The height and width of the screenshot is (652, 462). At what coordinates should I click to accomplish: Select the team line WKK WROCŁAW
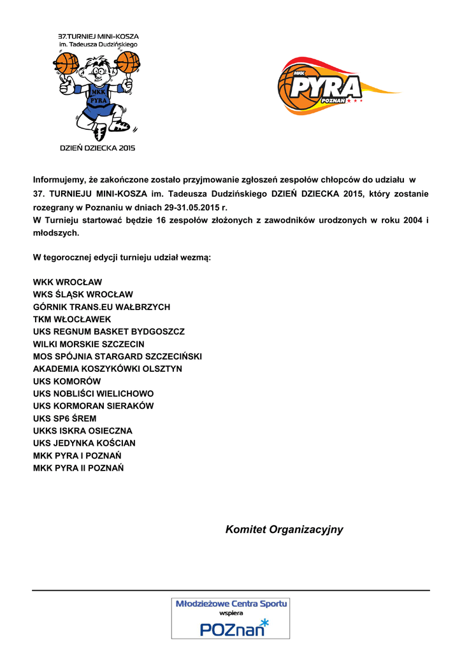click(68, 282)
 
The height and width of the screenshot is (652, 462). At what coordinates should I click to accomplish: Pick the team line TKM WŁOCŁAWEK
click(72, 319)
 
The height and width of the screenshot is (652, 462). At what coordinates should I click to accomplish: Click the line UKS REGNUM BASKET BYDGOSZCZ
click(109, 332)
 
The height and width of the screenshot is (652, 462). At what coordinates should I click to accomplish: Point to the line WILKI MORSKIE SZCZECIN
click(89, 344)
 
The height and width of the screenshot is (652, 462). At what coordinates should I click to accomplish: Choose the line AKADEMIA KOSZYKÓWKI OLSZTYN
click(108, 369)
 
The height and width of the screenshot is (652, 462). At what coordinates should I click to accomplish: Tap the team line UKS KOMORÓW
click(67, 381)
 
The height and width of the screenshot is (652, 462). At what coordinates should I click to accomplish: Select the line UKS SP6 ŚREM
click(64, 418)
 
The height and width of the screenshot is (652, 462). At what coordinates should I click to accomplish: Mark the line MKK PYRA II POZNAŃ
click(78, 468)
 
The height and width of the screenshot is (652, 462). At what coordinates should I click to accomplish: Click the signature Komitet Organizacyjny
click(284, 530)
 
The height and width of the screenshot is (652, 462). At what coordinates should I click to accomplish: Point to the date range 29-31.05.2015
click(192, 208)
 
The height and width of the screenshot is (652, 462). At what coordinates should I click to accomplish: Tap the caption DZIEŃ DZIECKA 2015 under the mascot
click(97, 148)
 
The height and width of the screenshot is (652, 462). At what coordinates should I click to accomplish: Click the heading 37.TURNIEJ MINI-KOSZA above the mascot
click(98, 37)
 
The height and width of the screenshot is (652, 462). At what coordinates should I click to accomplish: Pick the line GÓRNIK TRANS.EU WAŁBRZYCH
click(101, 307)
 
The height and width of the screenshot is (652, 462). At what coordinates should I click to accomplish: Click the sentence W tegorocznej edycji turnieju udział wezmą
click(122, 258)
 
